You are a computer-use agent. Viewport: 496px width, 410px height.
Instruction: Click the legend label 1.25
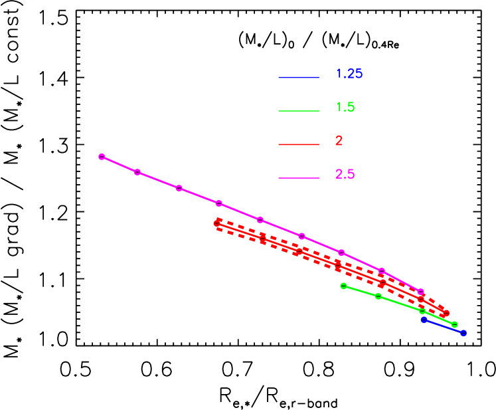click(x=349, y=74)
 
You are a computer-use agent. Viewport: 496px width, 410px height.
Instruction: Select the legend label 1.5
click(x=345, y=107)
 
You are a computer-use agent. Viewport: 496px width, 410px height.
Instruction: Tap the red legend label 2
click(x=339, y=141)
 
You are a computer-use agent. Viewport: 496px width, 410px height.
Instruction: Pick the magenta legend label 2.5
click(x=345, y=174)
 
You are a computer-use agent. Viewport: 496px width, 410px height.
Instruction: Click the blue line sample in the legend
click(x=299, y=78)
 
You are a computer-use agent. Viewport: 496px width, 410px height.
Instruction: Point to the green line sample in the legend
click(x=299, y=111)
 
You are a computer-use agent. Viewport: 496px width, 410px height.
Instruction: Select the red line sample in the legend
click(x=299, y=144)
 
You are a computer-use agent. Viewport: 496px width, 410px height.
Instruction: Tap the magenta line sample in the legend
click(x=299, y=178)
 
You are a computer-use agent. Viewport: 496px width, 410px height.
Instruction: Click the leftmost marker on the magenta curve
click(x=102, y=157)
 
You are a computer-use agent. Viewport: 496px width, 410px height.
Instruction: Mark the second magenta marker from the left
click(x=137, y=172)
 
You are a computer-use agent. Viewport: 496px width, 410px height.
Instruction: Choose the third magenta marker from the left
click(x=179, y=188)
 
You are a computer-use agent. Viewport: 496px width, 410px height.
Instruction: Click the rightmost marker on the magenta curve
click(x=421, y=292)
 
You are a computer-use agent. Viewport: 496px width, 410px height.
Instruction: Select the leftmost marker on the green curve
click(x=343, y=286)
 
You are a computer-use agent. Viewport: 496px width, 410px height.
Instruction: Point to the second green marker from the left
click(x=378, y=296)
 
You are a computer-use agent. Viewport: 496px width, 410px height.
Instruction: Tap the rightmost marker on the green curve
click(x=455, y=325)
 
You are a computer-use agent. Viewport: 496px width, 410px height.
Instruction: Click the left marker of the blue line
click(x=424, y=320)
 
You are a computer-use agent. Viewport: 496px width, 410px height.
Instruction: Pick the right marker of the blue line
click(x=463, y=333)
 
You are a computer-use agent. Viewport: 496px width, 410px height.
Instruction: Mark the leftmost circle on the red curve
click(x=217, y=224)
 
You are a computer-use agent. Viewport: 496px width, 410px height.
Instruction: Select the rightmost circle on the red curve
click(x=446, y=313)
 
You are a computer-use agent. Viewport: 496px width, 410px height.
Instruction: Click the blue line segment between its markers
click(x=444, y=326)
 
